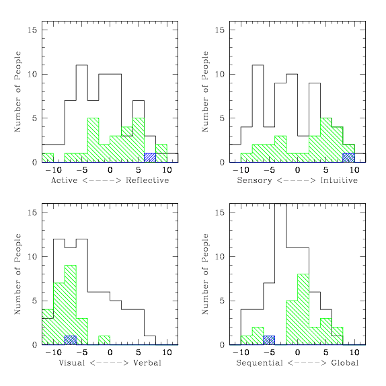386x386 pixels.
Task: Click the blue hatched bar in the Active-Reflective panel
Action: coord(150,158)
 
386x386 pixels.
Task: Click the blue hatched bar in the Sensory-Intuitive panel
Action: coord(348,158)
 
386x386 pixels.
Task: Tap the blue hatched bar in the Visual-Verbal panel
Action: coord(71,340)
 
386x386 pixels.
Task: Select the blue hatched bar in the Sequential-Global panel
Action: coord(269,340)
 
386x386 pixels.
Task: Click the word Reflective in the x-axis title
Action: coord(147,180)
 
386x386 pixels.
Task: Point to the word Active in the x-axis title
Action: coord(65,180)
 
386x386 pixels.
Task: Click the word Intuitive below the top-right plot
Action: coord(339,180)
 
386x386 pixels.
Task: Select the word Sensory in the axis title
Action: coord(255,180)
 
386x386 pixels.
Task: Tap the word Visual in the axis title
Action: coord(72,363)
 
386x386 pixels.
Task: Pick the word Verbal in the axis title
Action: coord(147,363)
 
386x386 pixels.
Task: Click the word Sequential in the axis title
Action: coord(260,363)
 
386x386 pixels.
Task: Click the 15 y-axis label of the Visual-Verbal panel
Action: coord(32,213)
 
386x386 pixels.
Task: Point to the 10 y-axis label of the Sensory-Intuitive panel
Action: coord(220,74)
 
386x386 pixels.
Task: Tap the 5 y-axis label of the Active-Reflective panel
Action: coord(35,118)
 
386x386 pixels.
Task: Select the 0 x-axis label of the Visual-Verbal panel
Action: coord(110,352)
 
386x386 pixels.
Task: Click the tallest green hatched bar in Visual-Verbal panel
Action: coord(71,305)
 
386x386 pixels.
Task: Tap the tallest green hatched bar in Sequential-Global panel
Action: coord(303,309)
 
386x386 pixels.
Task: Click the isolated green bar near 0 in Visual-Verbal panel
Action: coord(104,340)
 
